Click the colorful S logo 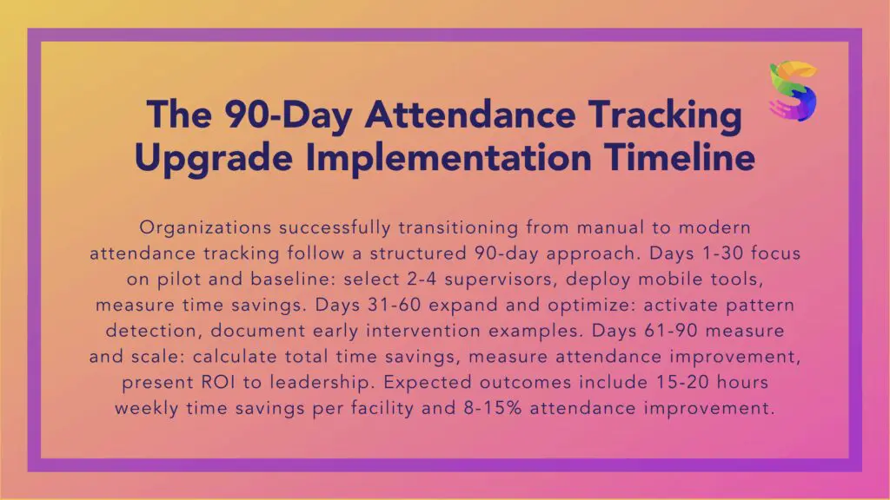793,91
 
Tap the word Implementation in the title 448,157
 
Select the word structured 418,253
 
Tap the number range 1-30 722,253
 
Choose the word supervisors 499,280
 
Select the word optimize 591,306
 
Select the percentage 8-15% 492,408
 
